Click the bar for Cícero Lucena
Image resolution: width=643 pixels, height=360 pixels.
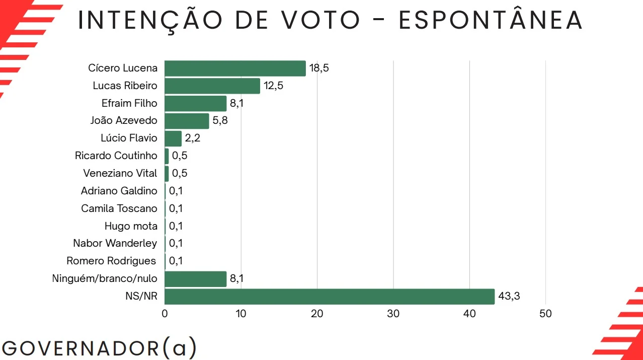235,68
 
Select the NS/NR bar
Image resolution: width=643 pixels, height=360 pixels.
330,297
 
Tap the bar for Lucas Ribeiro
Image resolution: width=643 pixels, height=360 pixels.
212,86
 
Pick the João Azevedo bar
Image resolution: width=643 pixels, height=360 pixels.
187,121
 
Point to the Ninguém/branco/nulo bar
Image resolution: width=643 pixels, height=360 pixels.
195,279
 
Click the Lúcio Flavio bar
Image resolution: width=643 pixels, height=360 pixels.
173,138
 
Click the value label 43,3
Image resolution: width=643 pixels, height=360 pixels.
509,297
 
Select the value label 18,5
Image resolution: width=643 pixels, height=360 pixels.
319,68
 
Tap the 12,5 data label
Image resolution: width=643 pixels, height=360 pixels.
273,86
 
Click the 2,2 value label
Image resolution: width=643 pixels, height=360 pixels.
192,138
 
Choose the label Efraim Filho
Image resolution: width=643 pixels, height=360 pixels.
129,103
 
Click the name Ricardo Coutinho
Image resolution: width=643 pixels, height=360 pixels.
116,156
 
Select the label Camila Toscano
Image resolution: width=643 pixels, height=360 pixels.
119,208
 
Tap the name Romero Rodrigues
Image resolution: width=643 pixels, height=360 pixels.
112,261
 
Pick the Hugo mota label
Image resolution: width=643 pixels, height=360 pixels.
131,226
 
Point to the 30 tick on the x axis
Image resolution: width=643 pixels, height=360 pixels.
393,314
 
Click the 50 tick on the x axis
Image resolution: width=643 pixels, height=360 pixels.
545,314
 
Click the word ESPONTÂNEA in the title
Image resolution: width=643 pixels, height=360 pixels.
491,20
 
